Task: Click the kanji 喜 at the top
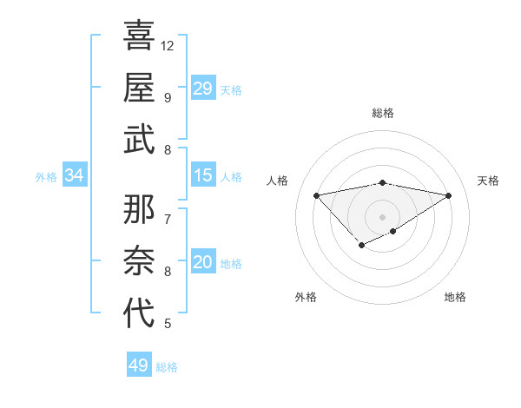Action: [139, 36]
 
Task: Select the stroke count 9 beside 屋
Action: [167, 97]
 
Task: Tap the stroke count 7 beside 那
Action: [167, 219]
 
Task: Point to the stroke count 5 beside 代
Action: [167, 324]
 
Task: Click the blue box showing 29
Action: [202, 89]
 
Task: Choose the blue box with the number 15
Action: [202, 176]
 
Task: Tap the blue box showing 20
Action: [202, 263]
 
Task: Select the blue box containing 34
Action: [75, 176]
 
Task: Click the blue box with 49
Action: [139, 365]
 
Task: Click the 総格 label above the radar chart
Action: [382, 113]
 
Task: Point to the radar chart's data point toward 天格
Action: [449, 195]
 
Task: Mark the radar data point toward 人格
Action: [316, 194]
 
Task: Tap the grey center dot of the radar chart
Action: [382, 215]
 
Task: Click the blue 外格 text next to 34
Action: [46, 177]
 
